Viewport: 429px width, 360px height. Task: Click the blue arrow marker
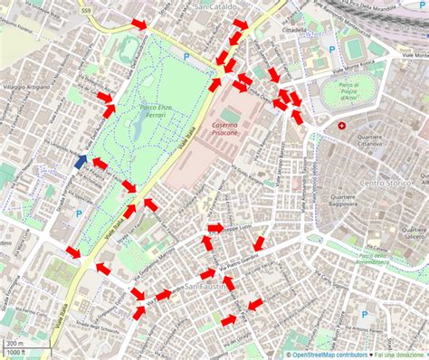pos(81,161)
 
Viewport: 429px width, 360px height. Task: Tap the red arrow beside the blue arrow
pos(100,164)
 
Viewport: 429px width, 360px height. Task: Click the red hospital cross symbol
pos(341,127)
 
